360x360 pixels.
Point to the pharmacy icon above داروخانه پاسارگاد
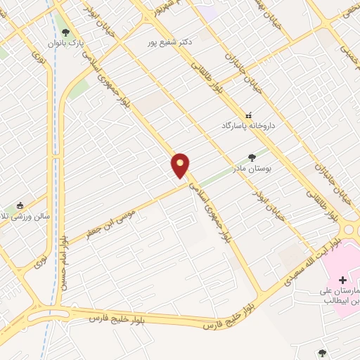click(x=247, y=115)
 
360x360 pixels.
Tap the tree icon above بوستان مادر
click(x=252, y=157)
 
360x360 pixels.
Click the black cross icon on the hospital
click(x=342, y=279)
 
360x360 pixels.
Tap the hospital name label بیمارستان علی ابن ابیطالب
click(x=343, y=295)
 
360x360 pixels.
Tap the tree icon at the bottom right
click(x=322, y=353)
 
